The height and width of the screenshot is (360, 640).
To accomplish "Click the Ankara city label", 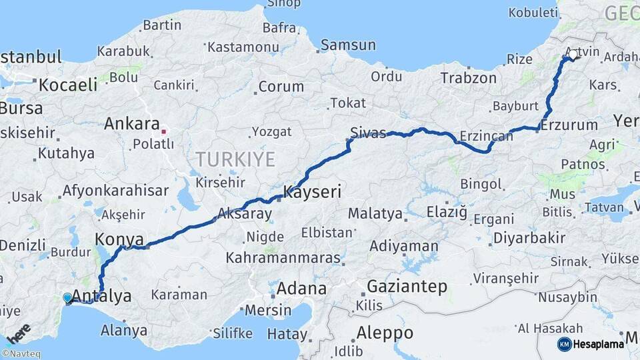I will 131,124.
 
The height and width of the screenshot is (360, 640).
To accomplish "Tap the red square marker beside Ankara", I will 163,131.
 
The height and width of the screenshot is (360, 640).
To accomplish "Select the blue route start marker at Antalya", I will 67,298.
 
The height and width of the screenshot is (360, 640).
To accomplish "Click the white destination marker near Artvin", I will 573,56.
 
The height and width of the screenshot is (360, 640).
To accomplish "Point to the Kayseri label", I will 313,193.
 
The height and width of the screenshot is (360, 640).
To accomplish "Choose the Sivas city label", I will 369,133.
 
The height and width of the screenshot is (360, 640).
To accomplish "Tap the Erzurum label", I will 569,125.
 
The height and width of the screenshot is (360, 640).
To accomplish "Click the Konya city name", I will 120,239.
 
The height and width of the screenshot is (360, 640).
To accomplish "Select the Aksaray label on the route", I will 245,214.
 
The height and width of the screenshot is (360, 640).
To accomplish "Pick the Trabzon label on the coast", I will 469,78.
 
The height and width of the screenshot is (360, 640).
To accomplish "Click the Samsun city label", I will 348,45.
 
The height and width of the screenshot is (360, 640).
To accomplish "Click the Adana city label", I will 302,289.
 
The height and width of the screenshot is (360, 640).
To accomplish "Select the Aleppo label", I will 385,332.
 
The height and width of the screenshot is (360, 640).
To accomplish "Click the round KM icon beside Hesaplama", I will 564,344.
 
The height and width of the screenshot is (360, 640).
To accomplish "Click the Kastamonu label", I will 243,47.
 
